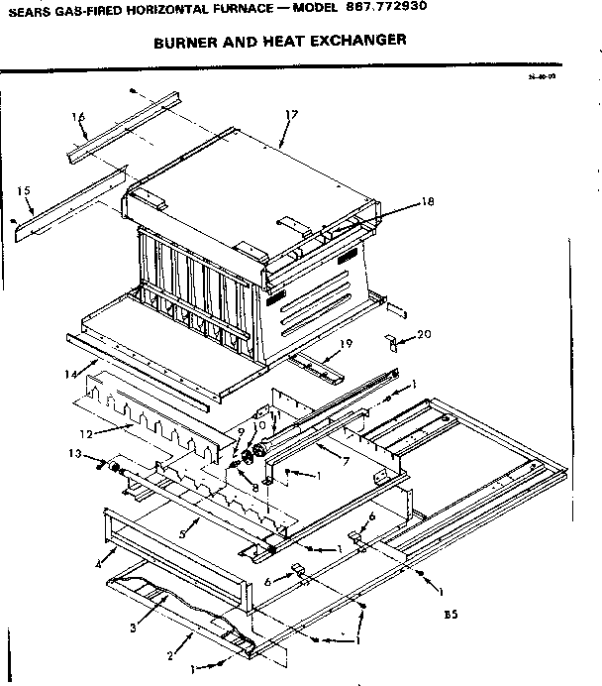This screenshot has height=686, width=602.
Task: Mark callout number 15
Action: coord(25,189)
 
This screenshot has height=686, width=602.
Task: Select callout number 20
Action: coord(425,334)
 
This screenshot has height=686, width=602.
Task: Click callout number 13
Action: coord(74,453)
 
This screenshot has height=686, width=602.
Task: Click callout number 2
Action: coord(171,655)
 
